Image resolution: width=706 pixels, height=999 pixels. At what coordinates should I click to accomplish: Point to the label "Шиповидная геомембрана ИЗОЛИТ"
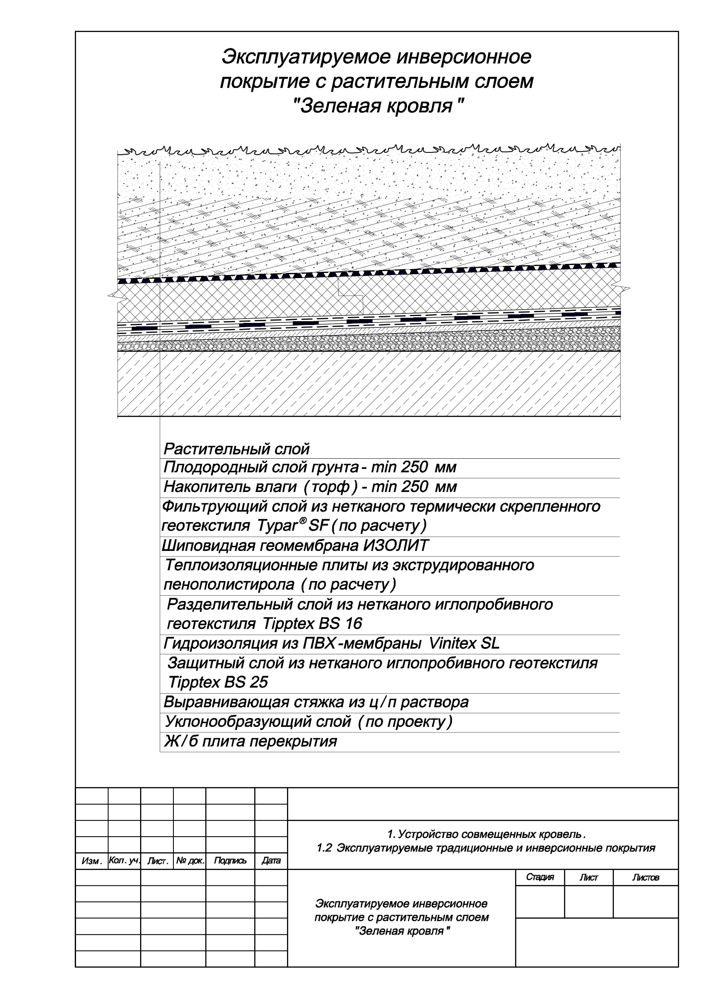(295, 545)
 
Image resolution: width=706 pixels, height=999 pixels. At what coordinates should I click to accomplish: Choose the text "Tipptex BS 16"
(312, 624)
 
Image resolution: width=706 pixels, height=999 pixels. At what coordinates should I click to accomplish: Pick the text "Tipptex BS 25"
(217, 682)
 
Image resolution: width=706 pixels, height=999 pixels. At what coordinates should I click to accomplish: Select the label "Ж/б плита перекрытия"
(250, 741)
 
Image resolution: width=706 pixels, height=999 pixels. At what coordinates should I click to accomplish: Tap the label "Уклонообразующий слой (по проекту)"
(308, 722)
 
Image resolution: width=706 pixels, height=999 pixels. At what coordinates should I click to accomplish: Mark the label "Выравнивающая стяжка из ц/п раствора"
(316, 702)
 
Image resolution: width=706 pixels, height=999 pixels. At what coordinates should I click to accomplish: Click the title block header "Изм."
(91, 861)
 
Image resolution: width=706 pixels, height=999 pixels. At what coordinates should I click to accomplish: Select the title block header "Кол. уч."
(124, 861)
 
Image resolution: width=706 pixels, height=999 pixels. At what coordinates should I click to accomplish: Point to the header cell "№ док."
(190, 861)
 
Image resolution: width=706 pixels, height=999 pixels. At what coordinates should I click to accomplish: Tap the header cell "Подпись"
(230, 861)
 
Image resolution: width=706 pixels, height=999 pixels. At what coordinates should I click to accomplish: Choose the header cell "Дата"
(271, 861)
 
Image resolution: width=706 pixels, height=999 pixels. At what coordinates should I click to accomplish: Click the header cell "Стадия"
(540, 877)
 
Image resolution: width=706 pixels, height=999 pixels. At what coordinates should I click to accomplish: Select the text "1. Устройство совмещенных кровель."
(486, 835)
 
